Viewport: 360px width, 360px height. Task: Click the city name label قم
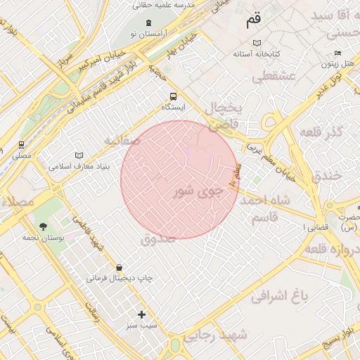253,21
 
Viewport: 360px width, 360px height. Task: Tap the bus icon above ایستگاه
173,97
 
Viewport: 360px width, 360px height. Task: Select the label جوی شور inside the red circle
198,191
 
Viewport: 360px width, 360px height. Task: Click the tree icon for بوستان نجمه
44,226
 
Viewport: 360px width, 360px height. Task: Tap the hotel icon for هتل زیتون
338,53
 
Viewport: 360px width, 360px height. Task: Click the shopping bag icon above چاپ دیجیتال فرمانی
119,267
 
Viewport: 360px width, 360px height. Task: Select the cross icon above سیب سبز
141,314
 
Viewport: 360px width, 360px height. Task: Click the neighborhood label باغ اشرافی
280,297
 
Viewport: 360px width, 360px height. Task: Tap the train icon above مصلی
21,144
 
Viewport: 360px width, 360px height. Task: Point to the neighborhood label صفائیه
123,141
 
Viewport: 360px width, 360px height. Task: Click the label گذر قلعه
321,131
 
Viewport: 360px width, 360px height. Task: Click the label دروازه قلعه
333,250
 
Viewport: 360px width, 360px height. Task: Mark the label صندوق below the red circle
158,239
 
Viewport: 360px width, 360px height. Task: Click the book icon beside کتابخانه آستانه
238,53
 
